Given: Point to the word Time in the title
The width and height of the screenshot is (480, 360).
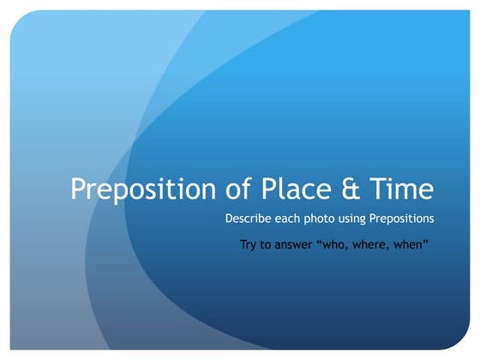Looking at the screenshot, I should point(402,189).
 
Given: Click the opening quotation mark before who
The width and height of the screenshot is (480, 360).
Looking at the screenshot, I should point(321,243).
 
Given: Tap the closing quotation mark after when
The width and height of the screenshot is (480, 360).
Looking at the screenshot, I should point(427,243).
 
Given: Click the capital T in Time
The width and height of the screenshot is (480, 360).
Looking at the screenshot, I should point(379,189).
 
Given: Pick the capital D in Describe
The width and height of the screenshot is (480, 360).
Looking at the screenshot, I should point(229,219).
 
